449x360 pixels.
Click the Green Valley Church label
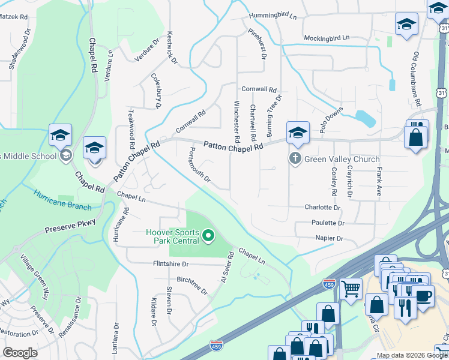[x=342, y=159]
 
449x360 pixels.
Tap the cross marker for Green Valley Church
[x=295, y=159]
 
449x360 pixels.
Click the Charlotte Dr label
[x=322, y=208]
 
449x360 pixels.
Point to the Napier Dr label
[x=329, y=238]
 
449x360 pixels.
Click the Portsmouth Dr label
[x=200, y=164]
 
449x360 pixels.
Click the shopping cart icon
[x=351, y=289]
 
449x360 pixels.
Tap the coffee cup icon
[x=423, y=296]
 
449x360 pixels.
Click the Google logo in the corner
[x=20, y=353]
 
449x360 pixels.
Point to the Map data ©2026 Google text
[x=411, y=355]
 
